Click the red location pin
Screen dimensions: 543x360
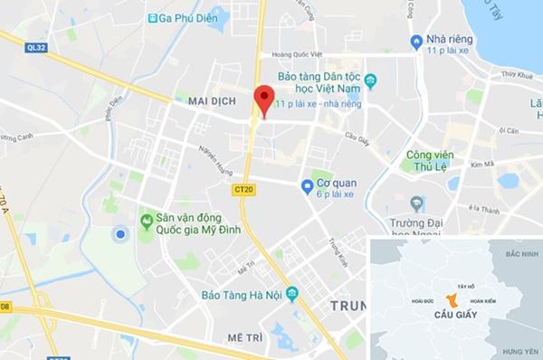(x=263, y=99)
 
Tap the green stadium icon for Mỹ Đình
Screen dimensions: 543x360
(x=146, y=219)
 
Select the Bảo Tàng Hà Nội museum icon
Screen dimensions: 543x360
(x=291, y=295)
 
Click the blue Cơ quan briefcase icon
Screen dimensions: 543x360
(x=308, y=185)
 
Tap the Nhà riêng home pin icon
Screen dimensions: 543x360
(x=416, y=41)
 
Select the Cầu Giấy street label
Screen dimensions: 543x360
(x=357, y=137)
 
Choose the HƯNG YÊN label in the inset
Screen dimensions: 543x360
(x=520, y=350)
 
